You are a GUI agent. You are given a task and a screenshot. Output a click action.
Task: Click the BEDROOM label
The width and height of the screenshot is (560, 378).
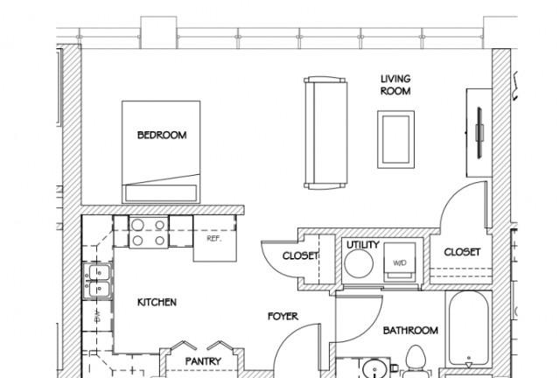coord(162,135)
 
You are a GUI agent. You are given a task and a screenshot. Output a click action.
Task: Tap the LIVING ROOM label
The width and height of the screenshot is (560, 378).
coord(395,85)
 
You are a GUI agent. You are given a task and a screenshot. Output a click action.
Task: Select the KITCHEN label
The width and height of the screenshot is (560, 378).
coord(157,303)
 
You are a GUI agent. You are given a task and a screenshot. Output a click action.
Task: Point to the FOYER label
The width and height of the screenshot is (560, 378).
coord(283,316)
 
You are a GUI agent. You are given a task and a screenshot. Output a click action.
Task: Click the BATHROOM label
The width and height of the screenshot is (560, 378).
coord(410,331)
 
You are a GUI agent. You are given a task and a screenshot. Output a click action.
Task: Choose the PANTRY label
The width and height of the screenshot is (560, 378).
coord(203,361)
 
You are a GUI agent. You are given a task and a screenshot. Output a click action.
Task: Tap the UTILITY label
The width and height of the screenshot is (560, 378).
coord(363,245)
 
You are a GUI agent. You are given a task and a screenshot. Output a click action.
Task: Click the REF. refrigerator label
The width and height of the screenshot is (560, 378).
coord(214,238)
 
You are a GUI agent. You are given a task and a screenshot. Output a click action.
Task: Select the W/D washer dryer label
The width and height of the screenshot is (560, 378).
coord(400,263)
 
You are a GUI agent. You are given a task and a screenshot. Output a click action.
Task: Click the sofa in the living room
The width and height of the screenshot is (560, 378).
coord(325,133)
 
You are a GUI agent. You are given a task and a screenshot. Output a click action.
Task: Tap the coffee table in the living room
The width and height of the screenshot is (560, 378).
coord(396,139)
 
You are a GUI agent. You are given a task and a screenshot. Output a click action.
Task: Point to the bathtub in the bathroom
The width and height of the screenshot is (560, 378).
coord(469,329)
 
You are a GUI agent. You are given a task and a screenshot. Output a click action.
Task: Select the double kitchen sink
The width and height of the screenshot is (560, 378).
coord(97,281)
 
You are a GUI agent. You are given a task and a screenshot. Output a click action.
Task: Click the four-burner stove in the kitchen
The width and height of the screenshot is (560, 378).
coord(149,232)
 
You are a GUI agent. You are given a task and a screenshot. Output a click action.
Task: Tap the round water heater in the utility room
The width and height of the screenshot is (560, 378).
coord(359,263)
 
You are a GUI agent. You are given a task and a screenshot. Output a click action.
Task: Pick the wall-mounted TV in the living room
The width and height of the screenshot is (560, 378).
coord(479,132)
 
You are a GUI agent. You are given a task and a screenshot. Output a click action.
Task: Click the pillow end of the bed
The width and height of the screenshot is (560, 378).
coord(161,193)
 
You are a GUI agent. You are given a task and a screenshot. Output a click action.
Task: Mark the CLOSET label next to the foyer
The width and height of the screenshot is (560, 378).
coord(300,255)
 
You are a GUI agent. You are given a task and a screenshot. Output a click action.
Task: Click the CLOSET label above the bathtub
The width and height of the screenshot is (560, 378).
coord(462,252)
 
